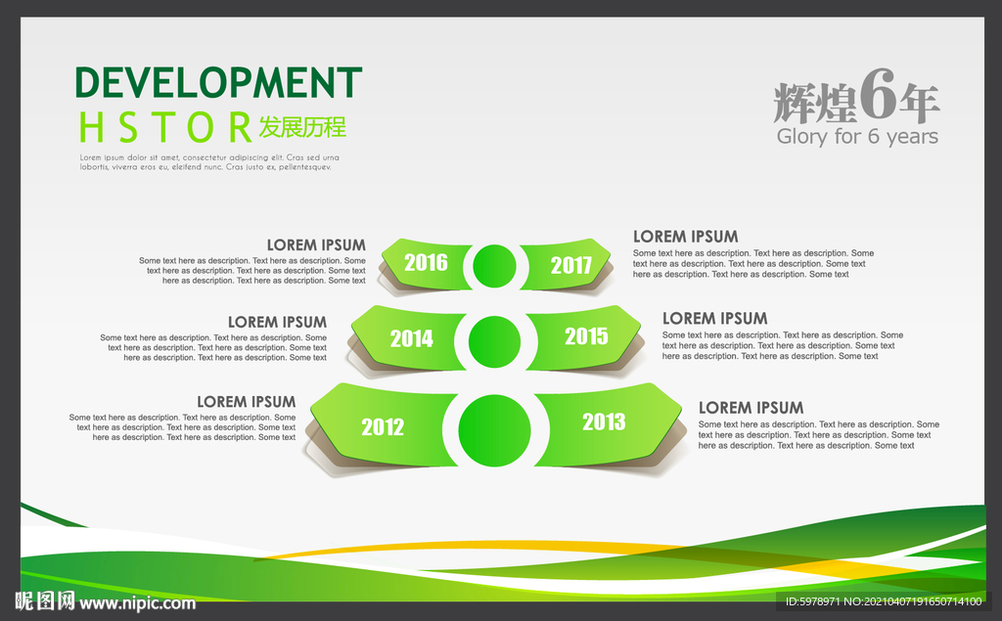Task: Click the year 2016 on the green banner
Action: [x=426, y=263]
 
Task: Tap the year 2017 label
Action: [x=571, y=265]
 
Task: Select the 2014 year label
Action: [x=412, y=338]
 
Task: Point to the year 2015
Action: [x=586, y=336]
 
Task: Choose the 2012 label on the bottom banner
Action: [x=383, y=426]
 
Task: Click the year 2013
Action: [x=604, y=421]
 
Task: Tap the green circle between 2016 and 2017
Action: [x=494, y=266]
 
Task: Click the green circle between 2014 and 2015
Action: [x=494, y=342]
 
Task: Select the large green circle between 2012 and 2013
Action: [x=494, y=430]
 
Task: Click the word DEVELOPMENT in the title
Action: [x=218, y=82]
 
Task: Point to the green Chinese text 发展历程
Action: [x=302, y=127]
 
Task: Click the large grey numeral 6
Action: [x=879, y=94]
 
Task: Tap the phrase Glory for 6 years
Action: [x=857, y=136]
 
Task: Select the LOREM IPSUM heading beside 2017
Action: [x=686, y=237]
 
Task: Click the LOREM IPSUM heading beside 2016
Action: [x=316, y=245]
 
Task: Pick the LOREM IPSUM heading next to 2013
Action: [x=751, y=408]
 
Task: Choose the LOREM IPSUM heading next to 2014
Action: [x=277, y=322]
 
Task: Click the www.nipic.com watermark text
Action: [x=137, y=603]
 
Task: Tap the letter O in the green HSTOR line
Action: [x=200, y=127]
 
